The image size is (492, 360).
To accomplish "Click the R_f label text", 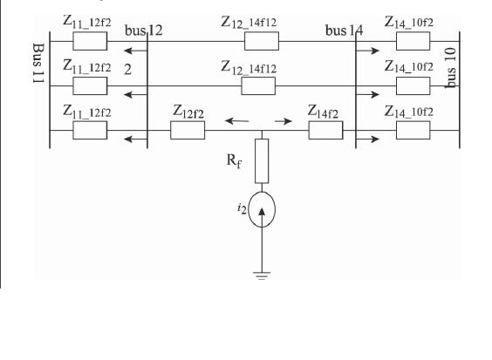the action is (234, 161).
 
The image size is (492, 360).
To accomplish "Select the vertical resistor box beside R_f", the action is (262, 161).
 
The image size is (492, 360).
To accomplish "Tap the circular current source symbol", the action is (262, 209).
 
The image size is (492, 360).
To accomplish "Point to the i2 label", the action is (242, 208).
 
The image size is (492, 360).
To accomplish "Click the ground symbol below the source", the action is (262, 275).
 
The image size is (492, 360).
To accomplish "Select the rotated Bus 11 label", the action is (38, 63).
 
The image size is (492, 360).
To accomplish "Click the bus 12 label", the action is (144, 31).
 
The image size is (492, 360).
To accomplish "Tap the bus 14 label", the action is (345, 31).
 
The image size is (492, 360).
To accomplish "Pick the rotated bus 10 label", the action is (451, 68).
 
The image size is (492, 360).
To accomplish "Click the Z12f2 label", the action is (188, 112).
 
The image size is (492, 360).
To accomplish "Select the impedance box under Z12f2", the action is (188, 130).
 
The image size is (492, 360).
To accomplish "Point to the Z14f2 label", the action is (323, 112).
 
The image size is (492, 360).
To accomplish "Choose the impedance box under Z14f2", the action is (325, 130).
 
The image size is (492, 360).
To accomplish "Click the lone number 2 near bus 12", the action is (127, 70).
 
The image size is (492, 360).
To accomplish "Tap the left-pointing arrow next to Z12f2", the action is (237, 121).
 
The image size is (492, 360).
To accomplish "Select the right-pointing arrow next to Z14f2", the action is (284, 121).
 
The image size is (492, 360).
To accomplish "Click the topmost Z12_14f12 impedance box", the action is (262, 41).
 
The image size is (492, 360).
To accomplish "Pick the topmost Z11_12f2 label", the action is (87, 22).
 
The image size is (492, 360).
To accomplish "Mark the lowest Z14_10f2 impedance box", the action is (413, 130).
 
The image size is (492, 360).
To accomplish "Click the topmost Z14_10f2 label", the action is (409, 22).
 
